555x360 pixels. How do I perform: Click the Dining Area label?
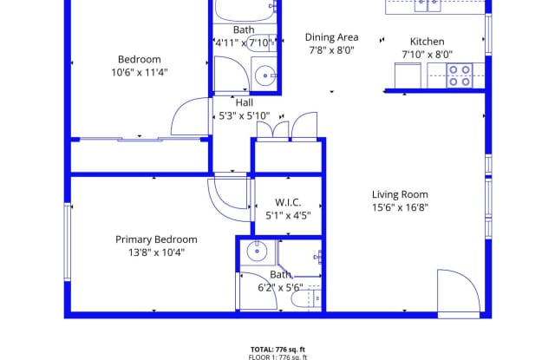point(331,37)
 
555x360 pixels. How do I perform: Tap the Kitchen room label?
point(427,42)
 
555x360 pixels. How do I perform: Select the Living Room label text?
point(400,194)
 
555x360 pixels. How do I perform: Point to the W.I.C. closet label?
point(288,203)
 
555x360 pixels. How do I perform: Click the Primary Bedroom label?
point(156,239)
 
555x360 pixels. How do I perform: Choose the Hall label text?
point(244,101)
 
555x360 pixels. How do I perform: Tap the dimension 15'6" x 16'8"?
point(400,207)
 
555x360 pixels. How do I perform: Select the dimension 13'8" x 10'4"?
point(156,252)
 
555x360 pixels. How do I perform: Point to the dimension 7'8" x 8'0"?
point(330,50)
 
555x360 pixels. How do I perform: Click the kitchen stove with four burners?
point(459,76)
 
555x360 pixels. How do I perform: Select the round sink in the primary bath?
point(256,252)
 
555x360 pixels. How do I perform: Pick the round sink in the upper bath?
point(262,73)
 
